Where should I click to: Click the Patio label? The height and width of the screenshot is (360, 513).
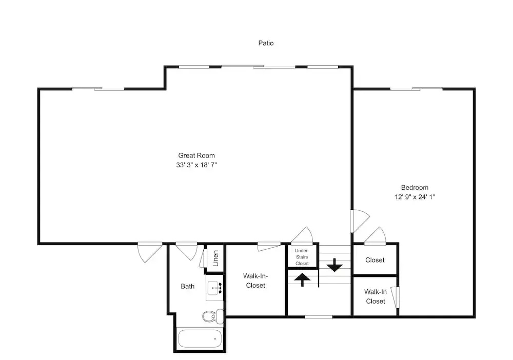tap(266, 43)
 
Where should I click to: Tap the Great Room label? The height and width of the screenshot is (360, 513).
tap(196, 155)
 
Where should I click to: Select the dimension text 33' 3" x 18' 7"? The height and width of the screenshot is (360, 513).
tap(196, 165)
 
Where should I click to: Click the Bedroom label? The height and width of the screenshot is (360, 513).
tap(415, 188)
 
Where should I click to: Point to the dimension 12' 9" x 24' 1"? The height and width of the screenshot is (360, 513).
tap(415, 197)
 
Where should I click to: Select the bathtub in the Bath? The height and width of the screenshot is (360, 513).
tap(200, 339)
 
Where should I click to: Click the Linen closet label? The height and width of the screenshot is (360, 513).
tap(215, 258)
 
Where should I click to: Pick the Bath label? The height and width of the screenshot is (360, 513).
tap(187, 287)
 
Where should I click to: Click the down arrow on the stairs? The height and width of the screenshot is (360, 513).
tap(334, 265)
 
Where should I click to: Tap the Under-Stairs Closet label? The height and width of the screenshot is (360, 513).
tap(302, 257)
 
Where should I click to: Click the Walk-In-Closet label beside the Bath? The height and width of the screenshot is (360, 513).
tap(255, 281)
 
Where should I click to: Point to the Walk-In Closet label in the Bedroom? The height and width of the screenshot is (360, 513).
tap(376, 296)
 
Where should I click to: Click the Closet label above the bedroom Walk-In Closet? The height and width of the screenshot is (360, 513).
tap(375, 261)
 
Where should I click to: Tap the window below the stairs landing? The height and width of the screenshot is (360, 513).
tap(319, 317)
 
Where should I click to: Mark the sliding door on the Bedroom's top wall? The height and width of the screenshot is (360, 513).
tap(416, 89)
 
